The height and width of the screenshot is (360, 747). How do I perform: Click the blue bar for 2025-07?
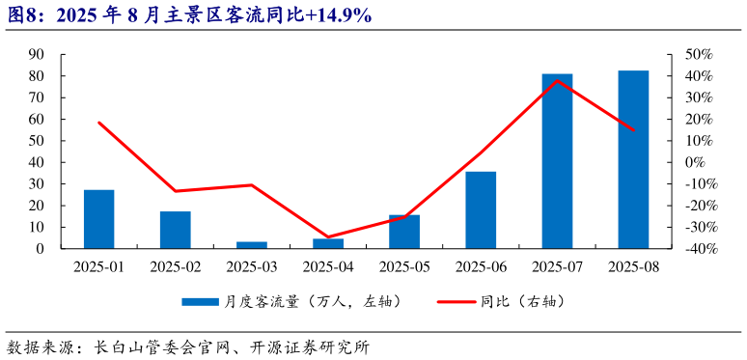[557, 161]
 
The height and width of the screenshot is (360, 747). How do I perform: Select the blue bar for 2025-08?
[633, 159]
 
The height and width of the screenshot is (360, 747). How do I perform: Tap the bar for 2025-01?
[98, 219]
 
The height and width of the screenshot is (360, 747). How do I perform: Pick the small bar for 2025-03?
[252, 245]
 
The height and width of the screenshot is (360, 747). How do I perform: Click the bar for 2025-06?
[481, 210]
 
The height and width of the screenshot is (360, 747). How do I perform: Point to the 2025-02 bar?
[176, 230]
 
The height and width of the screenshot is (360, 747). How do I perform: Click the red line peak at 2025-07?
[557, 80]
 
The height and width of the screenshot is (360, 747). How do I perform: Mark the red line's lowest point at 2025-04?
[328, 236]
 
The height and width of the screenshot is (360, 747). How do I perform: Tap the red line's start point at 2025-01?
[98, 123]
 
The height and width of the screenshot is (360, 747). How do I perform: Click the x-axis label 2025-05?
[404, 266]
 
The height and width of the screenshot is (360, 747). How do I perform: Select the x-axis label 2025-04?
[328, 266]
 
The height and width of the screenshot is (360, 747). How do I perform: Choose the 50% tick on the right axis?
[700, 54]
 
